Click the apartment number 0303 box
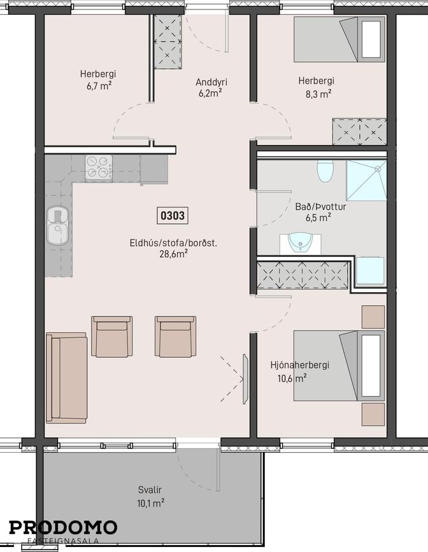[172, 215]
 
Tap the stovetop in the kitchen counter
[99, 168]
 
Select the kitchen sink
[57, 225]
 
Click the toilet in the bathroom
[325, 171]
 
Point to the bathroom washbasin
[301, 243]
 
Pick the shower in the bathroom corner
[366, 181]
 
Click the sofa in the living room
[67, 378]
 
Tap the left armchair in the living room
[112, 336]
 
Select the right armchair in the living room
[175, 336]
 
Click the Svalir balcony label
[150, 490]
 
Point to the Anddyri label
[211, 82]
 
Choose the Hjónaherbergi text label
[300, 365]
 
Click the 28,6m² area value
[173, 254]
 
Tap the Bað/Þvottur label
[320, 207]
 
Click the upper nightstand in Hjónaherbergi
[373, 317]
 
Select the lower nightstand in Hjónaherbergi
[373, 414]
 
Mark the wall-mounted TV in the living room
[245, 379]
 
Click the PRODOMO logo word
[63, 527]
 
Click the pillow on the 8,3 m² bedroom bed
[371, 39]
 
